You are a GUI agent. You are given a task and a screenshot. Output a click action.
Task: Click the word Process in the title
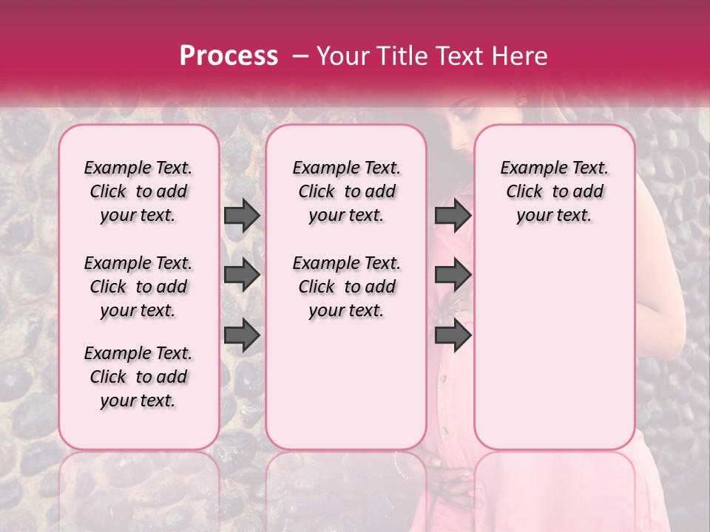click(x=228, y=56)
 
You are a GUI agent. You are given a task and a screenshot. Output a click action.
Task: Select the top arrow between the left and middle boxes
click(x=242, y=216)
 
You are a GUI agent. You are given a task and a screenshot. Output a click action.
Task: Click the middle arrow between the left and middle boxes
click(x=242, y=276)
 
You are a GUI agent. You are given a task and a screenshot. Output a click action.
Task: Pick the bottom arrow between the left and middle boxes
click(x=242, y=335)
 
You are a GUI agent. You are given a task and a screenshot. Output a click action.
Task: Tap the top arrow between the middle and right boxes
click(x=453, y=216)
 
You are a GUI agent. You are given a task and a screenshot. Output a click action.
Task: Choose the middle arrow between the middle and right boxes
click(x=453, y=276)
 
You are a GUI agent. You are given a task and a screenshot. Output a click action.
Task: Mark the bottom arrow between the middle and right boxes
click(x=453, y=335)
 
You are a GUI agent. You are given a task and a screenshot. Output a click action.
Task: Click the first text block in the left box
click(x=138, y=191)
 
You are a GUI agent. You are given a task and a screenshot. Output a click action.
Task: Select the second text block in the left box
click(x=138, y=287)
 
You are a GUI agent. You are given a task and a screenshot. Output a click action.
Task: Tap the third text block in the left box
click(x=138, y=377)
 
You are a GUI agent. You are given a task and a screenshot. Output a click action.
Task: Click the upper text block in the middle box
click(x=346, y=191)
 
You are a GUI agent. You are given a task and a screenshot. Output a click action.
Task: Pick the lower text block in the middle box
click(x=346, y=287)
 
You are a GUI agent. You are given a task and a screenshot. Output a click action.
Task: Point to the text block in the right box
click(x=554, y=191)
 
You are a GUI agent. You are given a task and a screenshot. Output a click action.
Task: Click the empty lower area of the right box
click(x=554, y=347)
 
